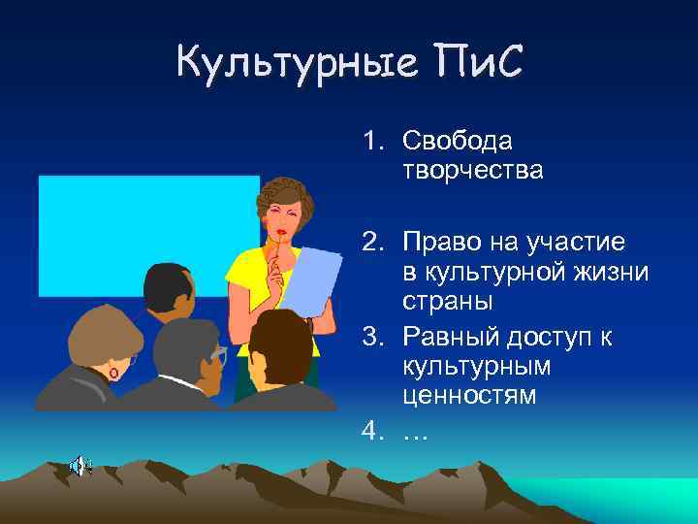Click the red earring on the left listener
tap(113, 373)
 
